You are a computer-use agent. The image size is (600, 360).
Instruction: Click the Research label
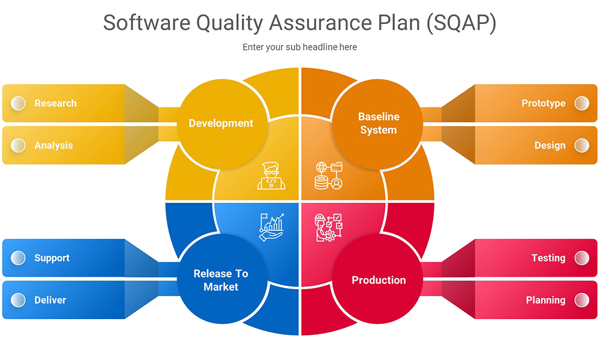click(55, 103)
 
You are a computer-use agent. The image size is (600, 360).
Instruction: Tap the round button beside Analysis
click(19, 145)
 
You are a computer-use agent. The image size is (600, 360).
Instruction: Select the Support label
click(52, 258)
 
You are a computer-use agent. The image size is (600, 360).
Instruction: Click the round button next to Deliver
click(19, 300)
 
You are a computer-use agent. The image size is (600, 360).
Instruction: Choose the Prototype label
click(543, 103)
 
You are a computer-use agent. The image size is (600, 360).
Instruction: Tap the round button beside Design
click(581, 145)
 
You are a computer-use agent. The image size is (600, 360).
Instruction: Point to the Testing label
click(548, 258)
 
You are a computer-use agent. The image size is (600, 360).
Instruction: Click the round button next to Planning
click(581, 300)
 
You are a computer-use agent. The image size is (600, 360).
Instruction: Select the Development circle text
click(221, 123)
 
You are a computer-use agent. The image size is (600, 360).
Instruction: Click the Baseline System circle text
click(378, 123)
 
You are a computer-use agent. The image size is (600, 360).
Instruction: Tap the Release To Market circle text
click(221, 280)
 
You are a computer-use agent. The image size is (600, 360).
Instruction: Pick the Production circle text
click(379, 280)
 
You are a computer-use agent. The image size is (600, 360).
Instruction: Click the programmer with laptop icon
click(271, 176)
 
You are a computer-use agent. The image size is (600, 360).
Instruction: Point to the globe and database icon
click(328, 176)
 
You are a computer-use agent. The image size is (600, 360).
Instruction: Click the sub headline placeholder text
click(300, 47)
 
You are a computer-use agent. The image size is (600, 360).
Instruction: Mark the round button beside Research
click(19, 103)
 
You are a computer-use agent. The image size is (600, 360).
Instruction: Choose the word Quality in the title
click(230, 23)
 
